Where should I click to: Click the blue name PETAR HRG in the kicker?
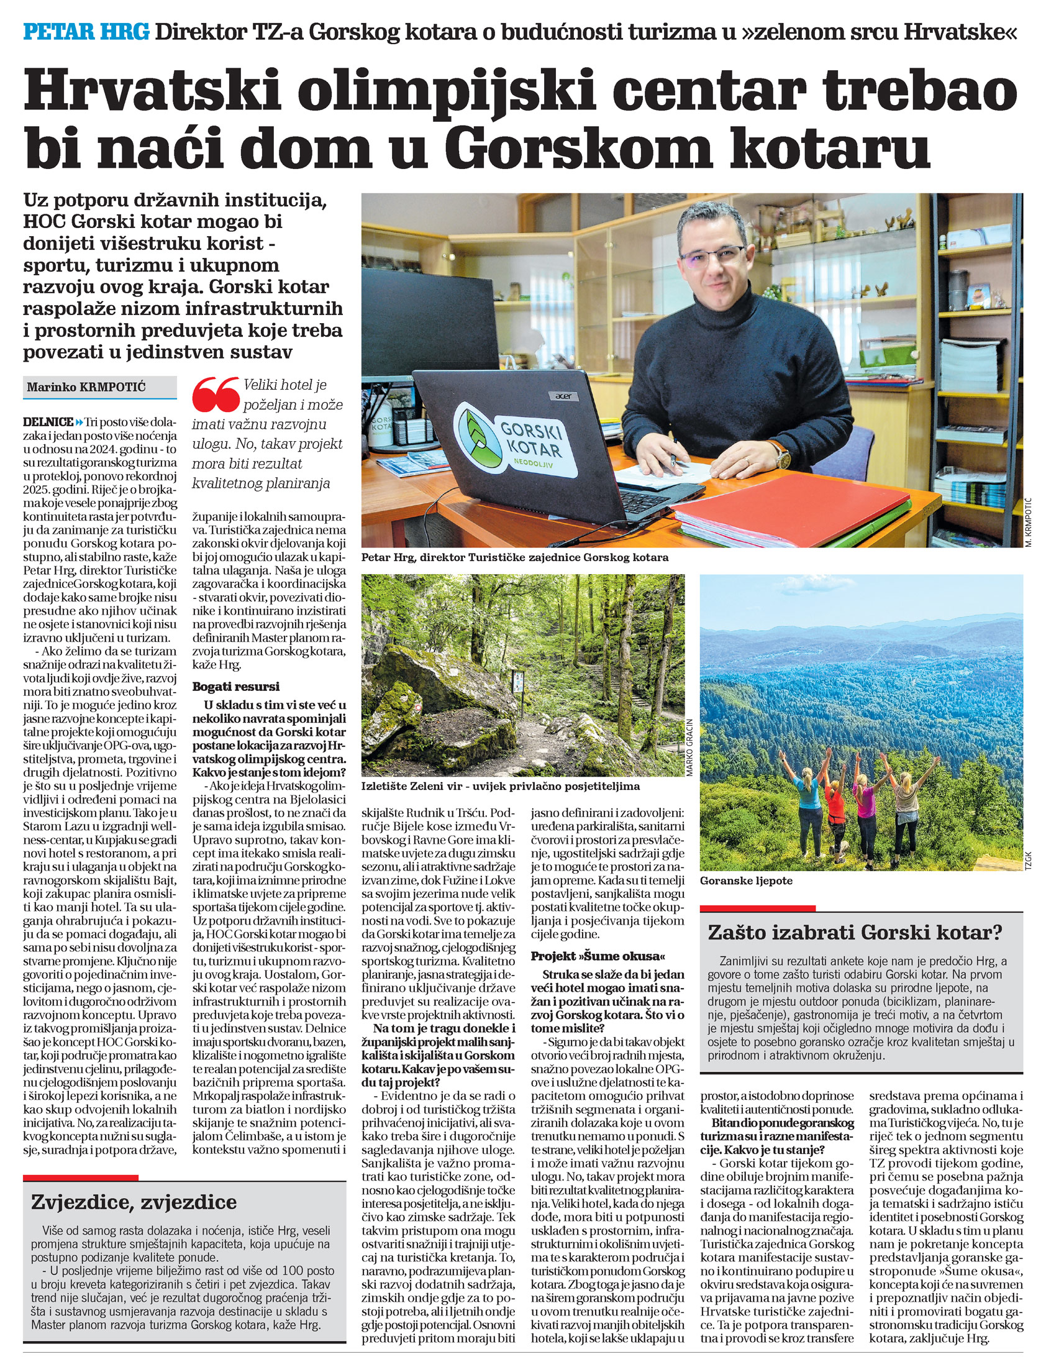[x=86, y=31]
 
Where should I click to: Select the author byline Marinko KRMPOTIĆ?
[x=86, y=386]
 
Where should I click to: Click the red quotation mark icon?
[x=216, y=394]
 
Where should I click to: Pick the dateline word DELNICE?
[x=48, y=422]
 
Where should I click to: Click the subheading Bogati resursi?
[x=236, y=687]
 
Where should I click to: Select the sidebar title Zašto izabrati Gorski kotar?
[x=855, y=932]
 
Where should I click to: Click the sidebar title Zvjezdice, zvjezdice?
[x=134, y=1200]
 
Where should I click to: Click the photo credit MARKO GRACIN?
[x=689, y=747]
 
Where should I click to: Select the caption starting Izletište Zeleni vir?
[x=501, y=786]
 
